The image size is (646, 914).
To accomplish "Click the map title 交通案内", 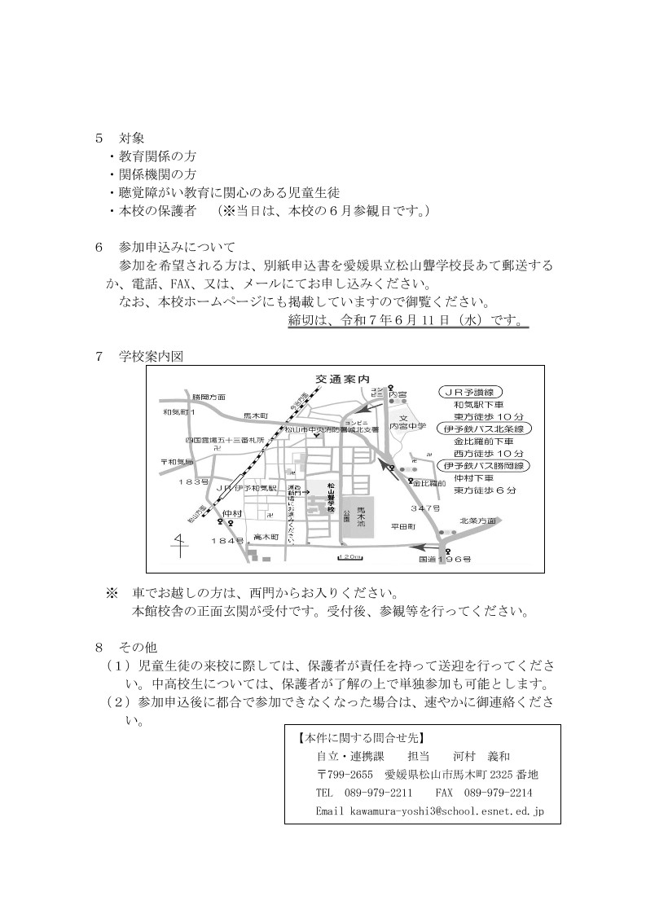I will [342, 379].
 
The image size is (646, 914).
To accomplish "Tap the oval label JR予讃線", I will [472, 390].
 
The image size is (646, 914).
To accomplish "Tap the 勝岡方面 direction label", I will [209, 396].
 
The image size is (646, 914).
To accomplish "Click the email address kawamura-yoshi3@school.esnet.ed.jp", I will [447, 811].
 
